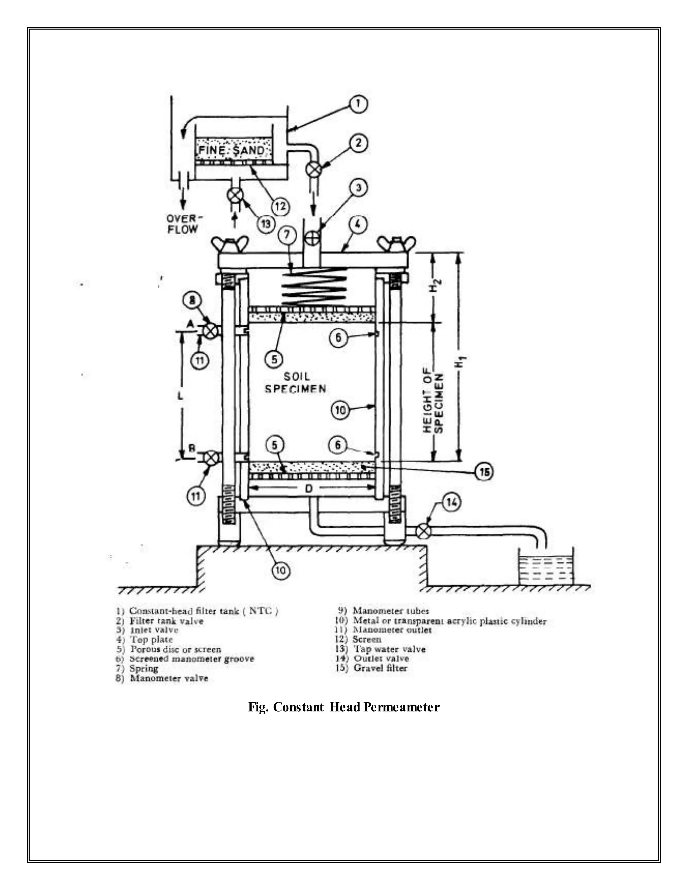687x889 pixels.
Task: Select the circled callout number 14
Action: [450, 503]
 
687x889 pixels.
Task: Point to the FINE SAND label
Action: [231, 151]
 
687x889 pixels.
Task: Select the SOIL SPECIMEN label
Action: [296, 383]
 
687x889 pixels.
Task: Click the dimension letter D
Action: [309, 488]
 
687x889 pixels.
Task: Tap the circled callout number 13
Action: [265, 224]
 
